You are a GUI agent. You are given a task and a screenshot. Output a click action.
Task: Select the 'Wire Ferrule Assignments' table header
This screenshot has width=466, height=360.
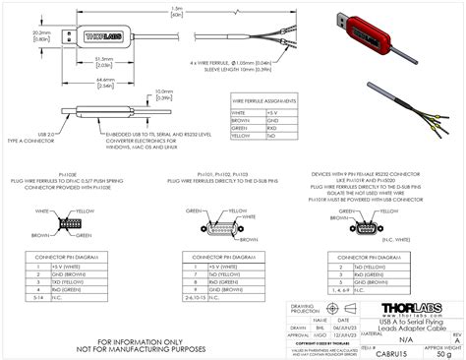click(264, 101)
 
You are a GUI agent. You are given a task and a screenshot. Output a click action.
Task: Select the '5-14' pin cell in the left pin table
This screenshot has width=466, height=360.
click(39, 270)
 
